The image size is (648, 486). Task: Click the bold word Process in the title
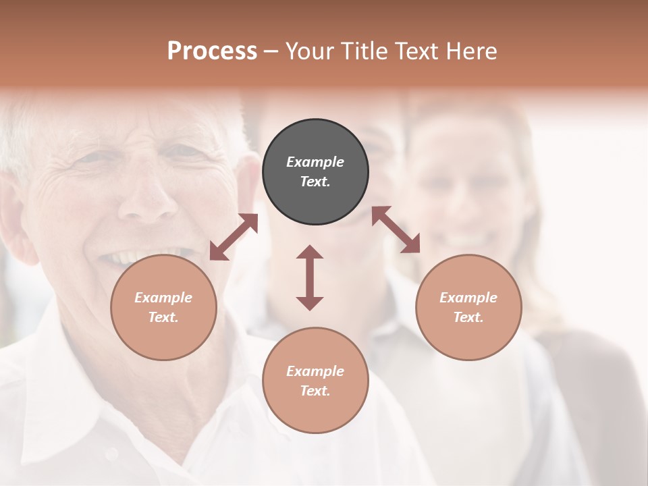[212, 51]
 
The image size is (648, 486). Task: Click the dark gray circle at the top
[315, 172]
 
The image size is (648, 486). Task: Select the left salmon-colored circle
[163, 307]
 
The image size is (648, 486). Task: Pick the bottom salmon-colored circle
[315, 381]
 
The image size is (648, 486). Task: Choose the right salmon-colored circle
[468, 307]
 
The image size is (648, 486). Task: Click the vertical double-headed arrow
[310, 277]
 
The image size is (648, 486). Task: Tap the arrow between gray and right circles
[396, 230]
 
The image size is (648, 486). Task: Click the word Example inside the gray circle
[315, 162]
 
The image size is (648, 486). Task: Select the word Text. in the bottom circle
[315, 391]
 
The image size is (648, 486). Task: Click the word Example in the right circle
[468, 298]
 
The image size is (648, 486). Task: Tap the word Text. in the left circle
[163, 317]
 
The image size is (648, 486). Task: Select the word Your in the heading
[307, 51]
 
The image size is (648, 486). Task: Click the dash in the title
[271, 51]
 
